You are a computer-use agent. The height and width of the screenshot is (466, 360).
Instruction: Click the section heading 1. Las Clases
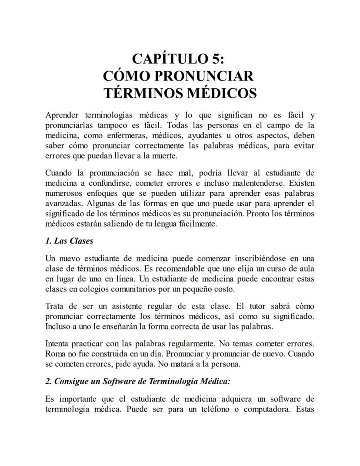[x=69, y=241]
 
